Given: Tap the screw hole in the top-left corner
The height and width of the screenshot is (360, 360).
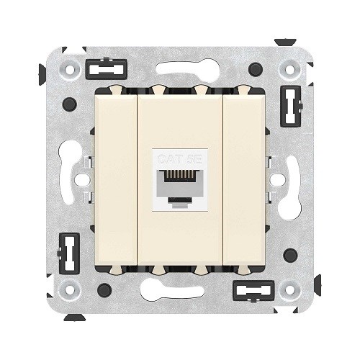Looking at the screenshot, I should click(71, 71).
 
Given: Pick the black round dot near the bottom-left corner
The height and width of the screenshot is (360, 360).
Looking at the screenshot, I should click(104, 289).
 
